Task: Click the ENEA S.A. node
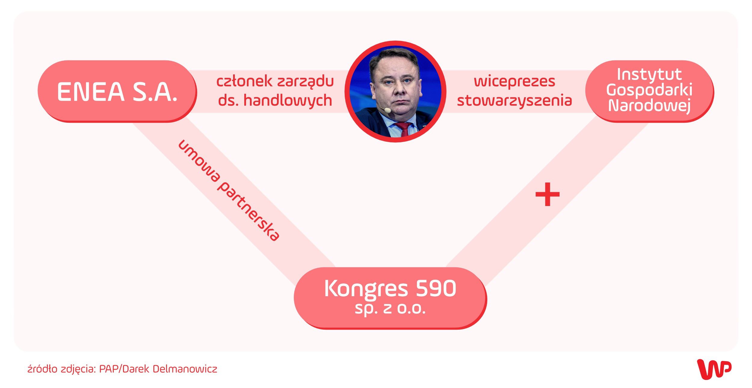coord(117,91)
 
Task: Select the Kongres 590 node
coord(390,298)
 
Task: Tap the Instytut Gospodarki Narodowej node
coord(650,91)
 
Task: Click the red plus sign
coord(547,194)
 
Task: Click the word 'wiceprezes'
coord(515,82)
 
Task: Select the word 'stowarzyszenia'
coord(514,100)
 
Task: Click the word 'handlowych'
coord(288,100)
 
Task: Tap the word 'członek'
coord(244,81)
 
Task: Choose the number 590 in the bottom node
coord(436,289)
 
